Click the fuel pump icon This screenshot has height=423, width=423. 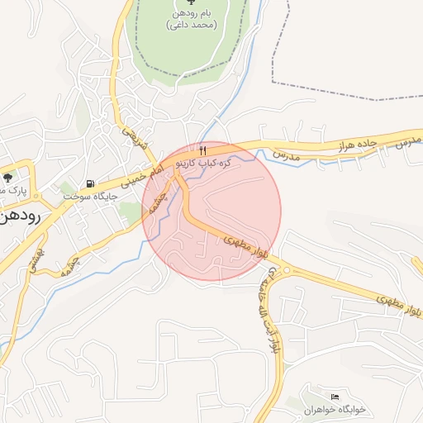(90, 183)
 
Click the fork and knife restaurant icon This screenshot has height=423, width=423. (202, 150)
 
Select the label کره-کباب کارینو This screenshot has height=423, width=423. (211, 164)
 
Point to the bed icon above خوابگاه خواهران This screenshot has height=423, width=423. (335, 397)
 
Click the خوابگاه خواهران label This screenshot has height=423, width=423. (334, 410)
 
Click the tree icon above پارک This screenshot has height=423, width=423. (8, 176)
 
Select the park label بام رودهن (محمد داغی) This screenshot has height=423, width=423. (192, 18)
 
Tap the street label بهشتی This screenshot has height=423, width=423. (44, 259)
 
